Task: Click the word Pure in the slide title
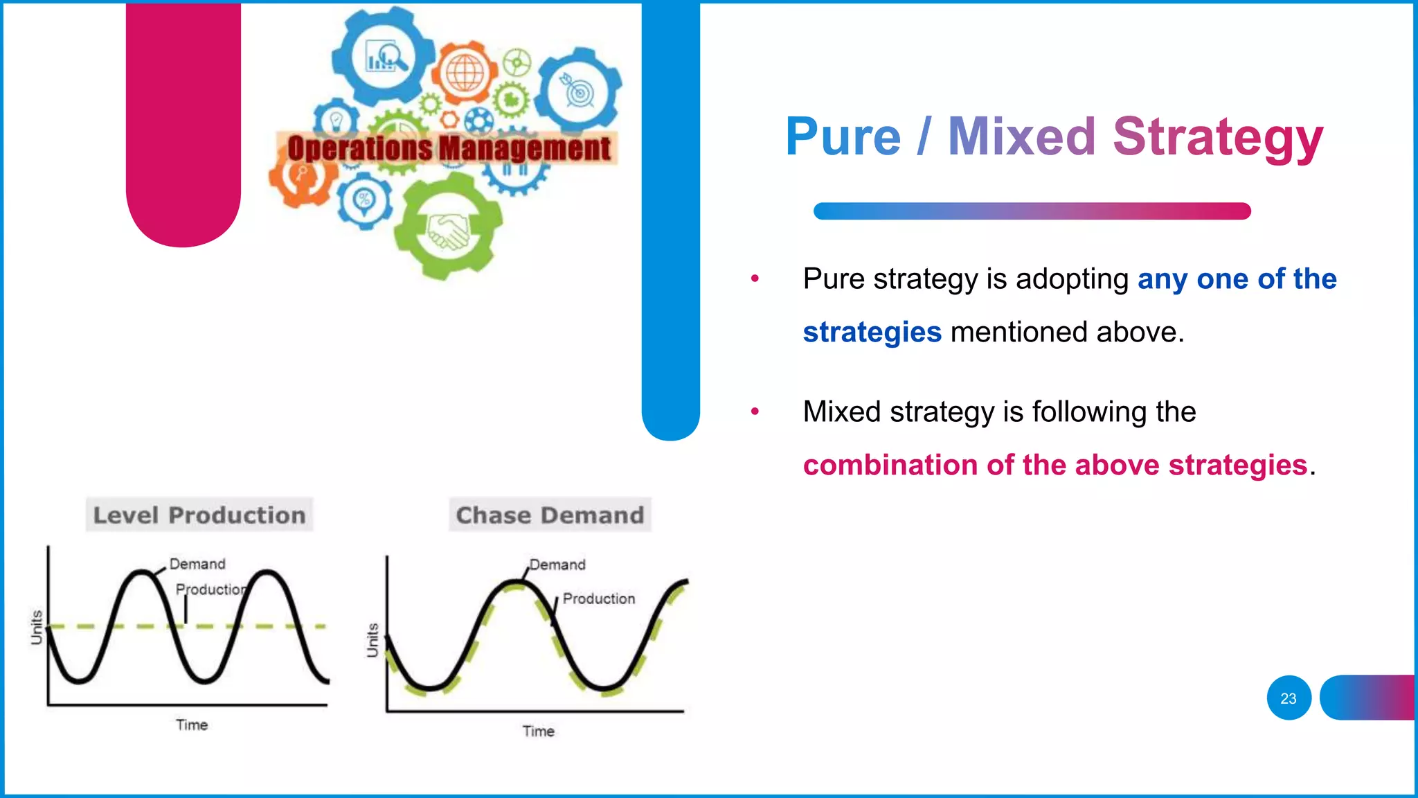843,137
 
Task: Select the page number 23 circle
1289,698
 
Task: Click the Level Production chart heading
199,515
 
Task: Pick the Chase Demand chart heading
550,515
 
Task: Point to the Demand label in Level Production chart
197,564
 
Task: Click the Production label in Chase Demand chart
598,598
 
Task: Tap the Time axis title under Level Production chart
192,725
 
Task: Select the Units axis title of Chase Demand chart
373,640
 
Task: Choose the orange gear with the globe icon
465,73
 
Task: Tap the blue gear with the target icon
579,91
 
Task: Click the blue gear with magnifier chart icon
384,57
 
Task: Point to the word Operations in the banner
360,148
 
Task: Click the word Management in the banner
525,148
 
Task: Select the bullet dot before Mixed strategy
755,411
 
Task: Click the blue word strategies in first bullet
872,332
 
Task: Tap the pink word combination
890,465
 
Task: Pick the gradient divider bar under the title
1032,211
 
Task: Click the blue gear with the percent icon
364,201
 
